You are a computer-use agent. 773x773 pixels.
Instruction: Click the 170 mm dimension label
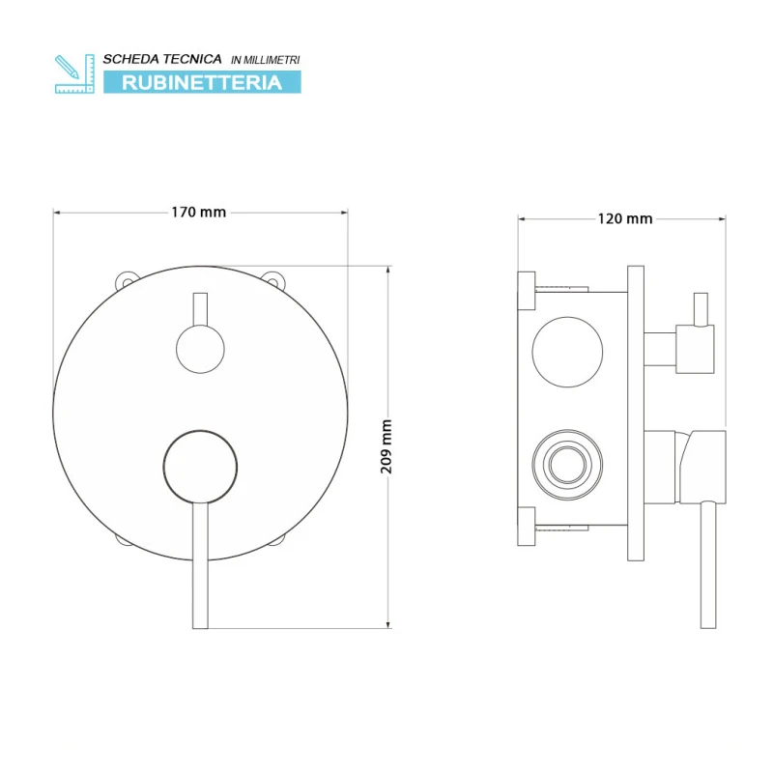click(199, 212)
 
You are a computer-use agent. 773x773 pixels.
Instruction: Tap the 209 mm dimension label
click(386, 446)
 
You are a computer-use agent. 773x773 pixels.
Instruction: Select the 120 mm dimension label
click(625, 218)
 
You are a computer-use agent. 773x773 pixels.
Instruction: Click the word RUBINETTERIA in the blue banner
click(202, 82)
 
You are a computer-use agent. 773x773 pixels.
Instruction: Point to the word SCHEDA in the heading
click(130, 59)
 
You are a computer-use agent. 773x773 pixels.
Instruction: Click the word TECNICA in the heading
click(191, 59)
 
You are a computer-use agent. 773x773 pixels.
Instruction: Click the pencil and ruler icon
click(74, 74)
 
